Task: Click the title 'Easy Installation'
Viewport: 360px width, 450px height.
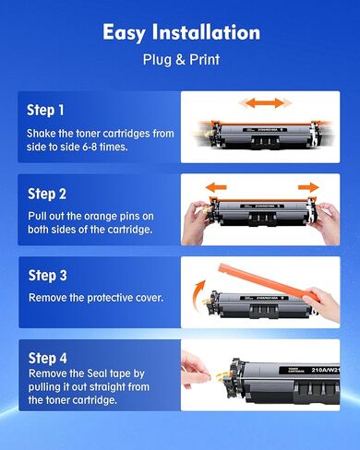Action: [x=181, y=32]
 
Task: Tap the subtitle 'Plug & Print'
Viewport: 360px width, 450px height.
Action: [x=181, y=60]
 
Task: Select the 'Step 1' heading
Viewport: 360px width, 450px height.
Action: [x=46, y=110]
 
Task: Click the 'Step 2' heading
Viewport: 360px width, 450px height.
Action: [x=47, y=194]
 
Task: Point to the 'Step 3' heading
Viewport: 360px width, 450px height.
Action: [x=47, y=276]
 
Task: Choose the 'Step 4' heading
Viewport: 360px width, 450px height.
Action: [x=47, y=358]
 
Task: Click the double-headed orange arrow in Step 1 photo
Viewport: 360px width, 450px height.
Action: [x=261, y=101]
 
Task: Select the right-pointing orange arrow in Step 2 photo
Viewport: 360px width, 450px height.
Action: [x=309, y=187]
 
